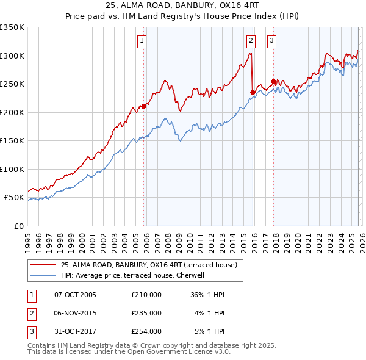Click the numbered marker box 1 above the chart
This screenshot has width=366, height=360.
pos(142,41)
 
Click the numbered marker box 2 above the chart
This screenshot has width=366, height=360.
pos(251,41)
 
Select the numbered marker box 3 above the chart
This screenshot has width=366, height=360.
pos(271,41)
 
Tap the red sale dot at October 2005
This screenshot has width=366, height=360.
pos(144,106)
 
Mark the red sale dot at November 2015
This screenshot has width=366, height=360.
pos(253,92)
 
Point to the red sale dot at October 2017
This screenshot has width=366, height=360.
pos(274,81)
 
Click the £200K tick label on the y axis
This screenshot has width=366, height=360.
pos(12,112)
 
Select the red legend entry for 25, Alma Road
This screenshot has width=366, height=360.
pos(152,265)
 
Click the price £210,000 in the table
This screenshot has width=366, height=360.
pos(146,295)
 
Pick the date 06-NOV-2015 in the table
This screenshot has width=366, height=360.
pos(76,313)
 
